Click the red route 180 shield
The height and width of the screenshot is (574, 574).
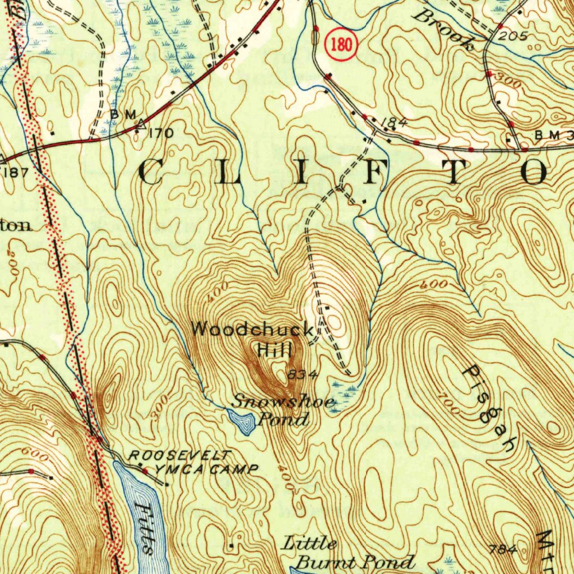click(x=341, y=45)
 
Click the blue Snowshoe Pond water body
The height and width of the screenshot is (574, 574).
click(x=242, y=421)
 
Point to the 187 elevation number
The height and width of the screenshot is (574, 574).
click(x=16, y=171)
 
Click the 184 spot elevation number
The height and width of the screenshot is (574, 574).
click(x=394, y=122)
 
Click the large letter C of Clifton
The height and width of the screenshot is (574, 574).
click(x=150, y=172)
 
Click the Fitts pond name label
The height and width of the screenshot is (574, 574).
click(x=144, y=527)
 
